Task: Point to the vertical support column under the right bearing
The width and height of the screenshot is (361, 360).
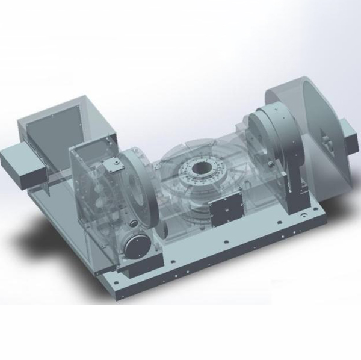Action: (x=297, y=181)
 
